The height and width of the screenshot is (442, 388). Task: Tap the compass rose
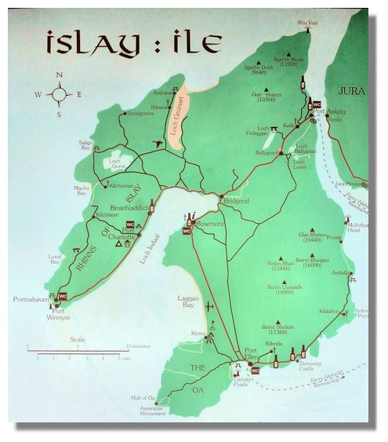[60, 94]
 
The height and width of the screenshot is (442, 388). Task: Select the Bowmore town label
[209, 224]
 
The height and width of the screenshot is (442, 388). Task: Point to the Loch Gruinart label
[179, 122]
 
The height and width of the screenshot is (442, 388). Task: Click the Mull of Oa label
[144, 398]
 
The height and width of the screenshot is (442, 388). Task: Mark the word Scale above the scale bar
[78, 340]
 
